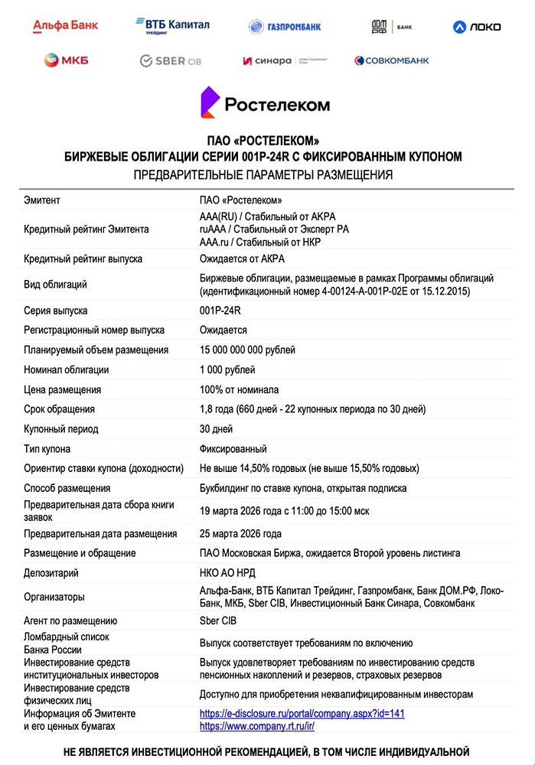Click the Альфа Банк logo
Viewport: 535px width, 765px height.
point(66,26)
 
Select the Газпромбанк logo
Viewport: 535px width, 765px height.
point(285,27)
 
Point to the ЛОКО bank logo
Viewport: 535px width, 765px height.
point(477,27)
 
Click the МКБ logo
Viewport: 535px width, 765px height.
point(66,60)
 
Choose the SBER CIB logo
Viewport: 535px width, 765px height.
point(170,60)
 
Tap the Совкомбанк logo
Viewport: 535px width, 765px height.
point(391,60)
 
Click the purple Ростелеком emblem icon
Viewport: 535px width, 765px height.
point(210,103)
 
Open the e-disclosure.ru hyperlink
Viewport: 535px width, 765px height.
point(302,714)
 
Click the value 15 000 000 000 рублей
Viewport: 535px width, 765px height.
point(247,350)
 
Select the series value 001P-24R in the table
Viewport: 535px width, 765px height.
point(220,311)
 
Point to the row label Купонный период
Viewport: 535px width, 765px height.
point(61,429)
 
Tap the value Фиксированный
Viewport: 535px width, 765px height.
point(233,449)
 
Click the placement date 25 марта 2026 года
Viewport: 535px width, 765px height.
point(240,534)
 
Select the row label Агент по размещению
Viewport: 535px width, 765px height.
point(70,621)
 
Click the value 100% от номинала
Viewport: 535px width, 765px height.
point(239,389)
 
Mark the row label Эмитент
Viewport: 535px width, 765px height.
point(42,200)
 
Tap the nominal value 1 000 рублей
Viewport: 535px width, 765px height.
point(227,370)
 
